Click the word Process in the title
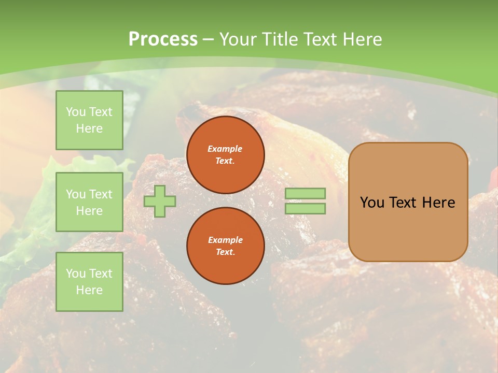coord(162,39)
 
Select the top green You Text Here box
coord(89,120)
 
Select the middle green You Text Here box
coord(89,202)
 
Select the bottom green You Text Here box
coord(89,282)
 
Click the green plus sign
coord(160,201)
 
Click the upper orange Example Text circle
coord(225,155)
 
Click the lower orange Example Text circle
coord(225,246)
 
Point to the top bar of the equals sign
coord(305,193)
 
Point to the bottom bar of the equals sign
coord(305,209)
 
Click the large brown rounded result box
coord(408,228)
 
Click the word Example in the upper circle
coord(225,149)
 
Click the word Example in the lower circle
coord(225,240)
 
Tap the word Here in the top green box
coord(89,128)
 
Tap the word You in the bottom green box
coord(76,274)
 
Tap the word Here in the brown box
coord(438,203)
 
